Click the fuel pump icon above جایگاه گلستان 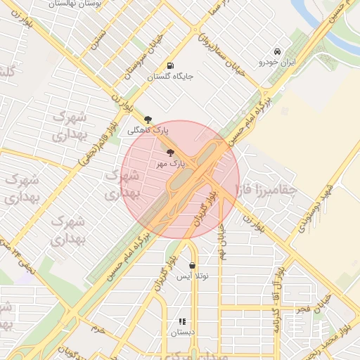171,66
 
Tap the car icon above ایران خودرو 278,51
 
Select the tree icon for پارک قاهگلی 148,120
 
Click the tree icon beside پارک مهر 171,152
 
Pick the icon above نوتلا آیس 192,265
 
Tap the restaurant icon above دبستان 182,321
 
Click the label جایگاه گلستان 171,77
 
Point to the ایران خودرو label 278,62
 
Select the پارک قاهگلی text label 148,131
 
